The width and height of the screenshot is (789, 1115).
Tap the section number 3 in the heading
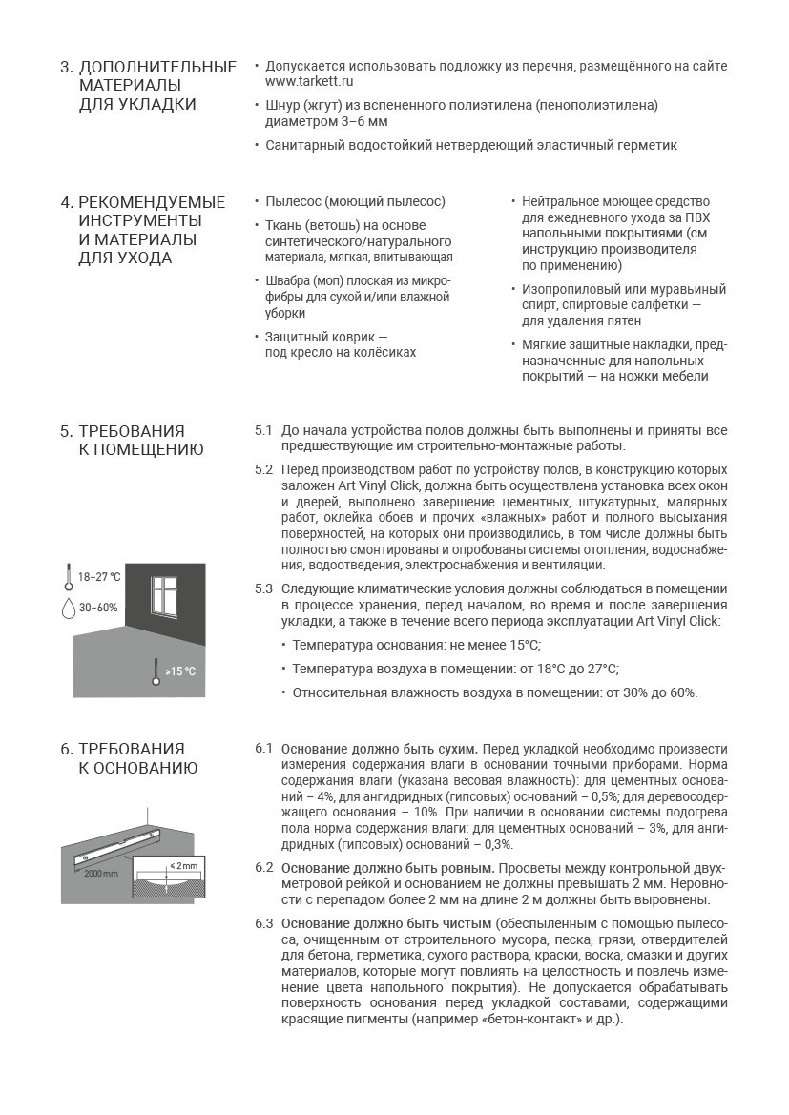[x=65, y=68]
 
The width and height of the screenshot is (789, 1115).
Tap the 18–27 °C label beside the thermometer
[x=99, y=577]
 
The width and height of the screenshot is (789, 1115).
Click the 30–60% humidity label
[x=98, y=608]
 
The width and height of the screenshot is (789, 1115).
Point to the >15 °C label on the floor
[x=180, y=671]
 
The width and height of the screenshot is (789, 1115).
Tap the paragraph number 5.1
[x=263, y=430]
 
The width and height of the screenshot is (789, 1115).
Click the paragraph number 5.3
[x=263, y=588]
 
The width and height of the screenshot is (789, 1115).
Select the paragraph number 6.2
[x=263, y=867]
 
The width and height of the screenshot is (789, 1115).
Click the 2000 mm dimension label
[x=101, y=873]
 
